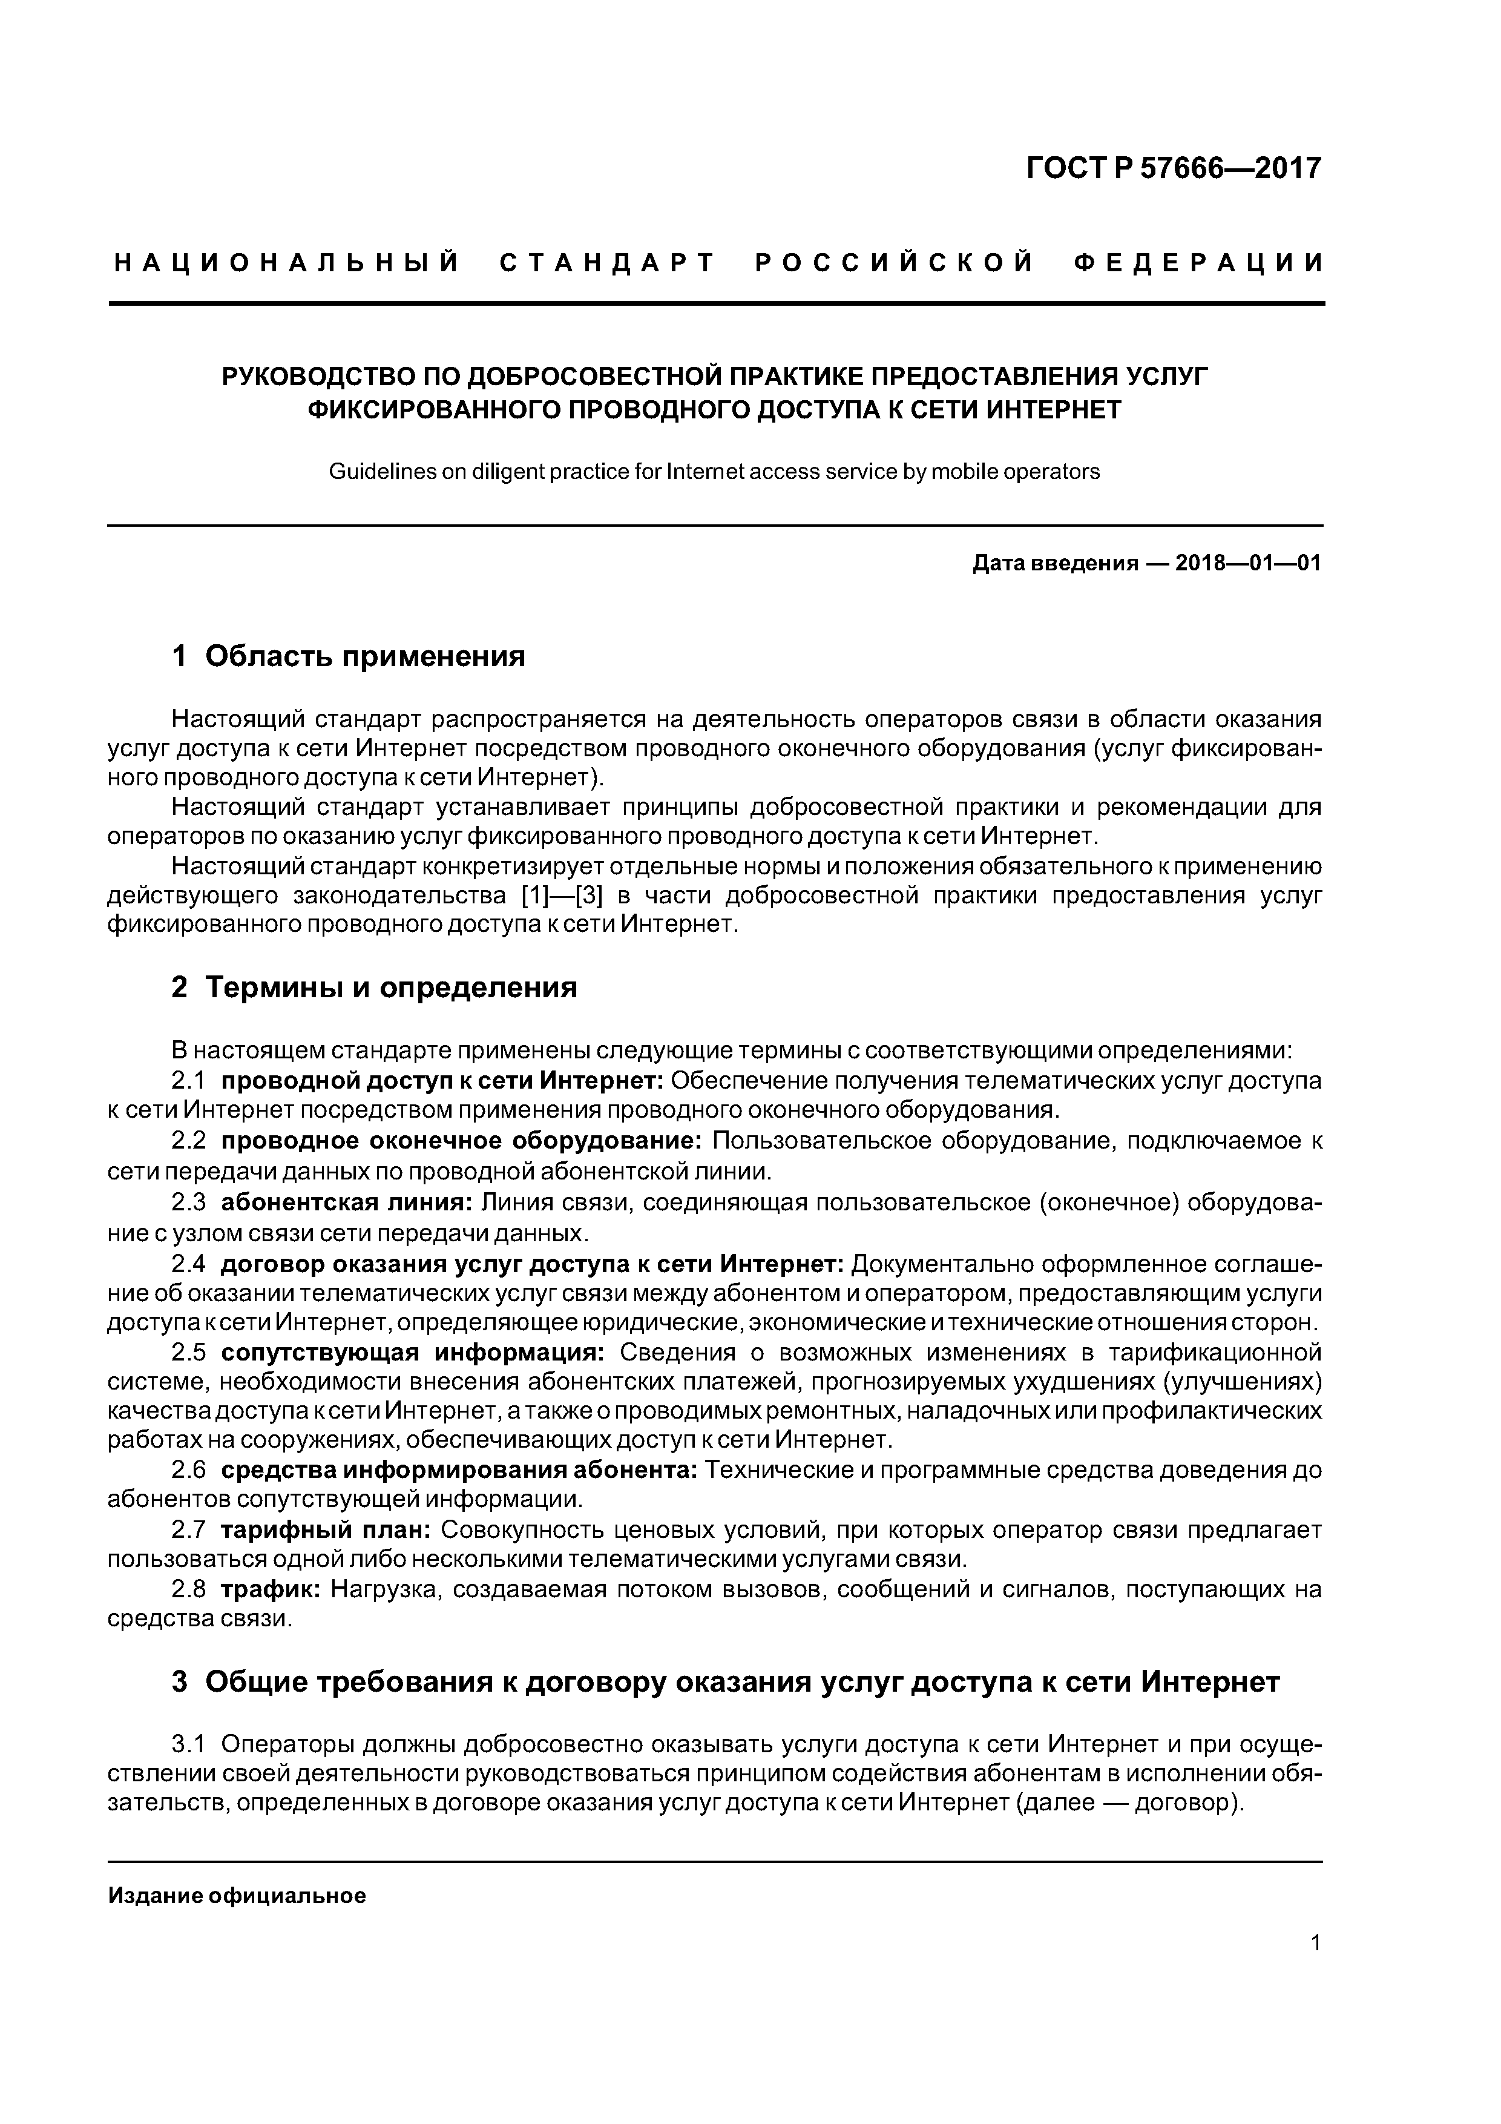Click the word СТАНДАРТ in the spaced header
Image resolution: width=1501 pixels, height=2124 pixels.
point(608,263)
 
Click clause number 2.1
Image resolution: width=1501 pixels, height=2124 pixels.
point(188,1081)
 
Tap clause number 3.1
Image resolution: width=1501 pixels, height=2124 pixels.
point(188,1745)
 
